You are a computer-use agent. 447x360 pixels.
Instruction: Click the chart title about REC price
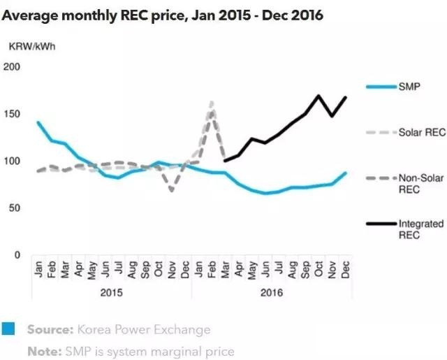[163, 15]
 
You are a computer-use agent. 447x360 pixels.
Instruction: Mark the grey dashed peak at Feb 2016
[212, 102]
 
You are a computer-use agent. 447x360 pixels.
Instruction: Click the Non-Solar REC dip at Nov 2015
[172, 190]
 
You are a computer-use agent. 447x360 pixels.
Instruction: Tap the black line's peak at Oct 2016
[318, 96]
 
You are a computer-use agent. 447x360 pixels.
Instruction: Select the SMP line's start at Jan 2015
[38, 122]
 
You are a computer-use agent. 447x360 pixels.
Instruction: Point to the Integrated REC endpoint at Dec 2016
[345, 97]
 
